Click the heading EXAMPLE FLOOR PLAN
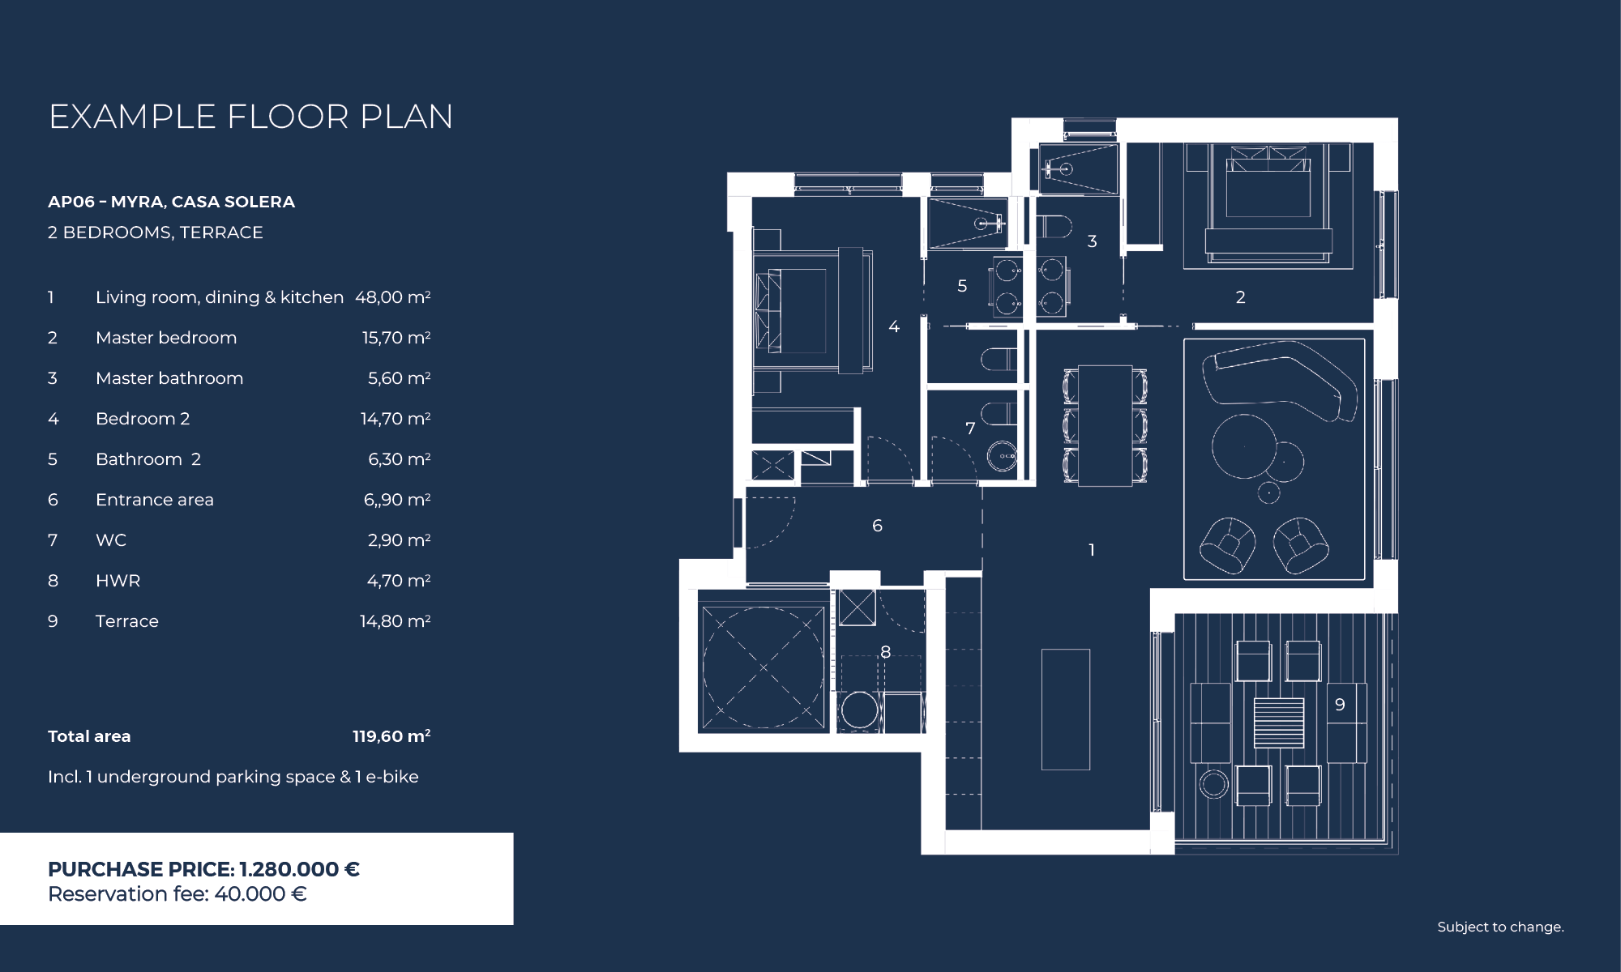point(251,117)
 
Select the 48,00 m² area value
point(392,297)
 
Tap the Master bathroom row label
point(169,378)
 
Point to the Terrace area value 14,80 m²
point(395,621)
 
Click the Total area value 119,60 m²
point(391,736)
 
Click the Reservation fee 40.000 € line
point(177,894)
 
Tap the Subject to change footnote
point(1500,927)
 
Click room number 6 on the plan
point(877,526)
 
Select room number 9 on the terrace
point(1340,705)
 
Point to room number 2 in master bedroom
point(1240,297)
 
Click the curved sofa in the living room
point(1281,377)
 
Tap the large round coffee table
point(1244,447)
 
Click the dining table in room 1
point(1106,425)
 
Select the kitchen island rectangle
point(1066,710)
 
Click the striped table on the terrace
point(1279,723)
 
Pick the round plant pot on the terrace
point(1213,784)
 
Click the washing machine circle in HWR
point(859,711)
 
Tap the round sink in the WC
point(1003,456)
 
